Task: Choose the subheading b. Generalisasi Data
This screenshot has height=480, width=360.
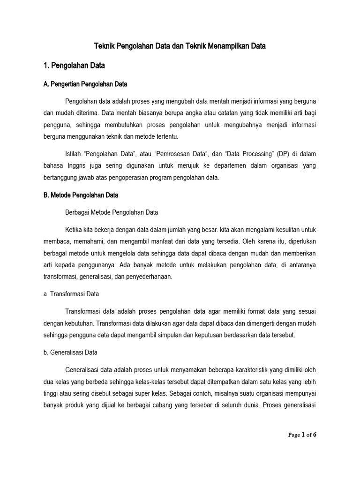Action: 69,352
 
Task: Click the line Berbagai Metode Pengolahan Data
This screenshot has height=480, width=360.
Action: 112,212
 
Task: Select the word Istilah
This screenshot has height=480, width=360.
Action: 74,153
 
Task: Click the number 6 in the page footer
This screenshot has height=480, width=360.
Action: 315,435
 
